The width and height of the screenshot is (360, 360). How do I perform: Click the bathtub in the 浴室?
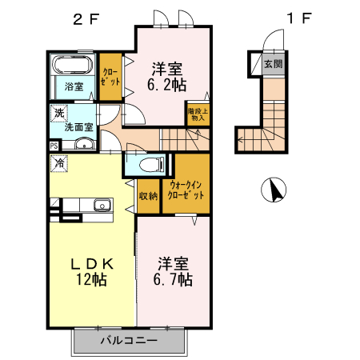point(74,65)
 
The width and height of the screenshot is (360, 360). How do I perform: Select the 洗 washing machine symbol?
point(59,113)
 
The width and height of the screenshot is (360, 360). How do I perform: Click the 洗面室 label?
point(78,126)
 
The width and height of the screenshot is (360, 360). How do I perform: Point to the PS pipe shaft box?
point(54,146)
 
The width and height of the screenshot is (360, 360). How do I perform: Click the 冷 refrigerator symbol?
point(60,163)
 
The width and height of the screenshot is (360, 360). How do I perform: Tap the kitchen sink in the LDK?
point(101,207)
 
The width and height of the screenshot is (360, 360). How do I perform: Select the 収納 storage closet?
point(148,194)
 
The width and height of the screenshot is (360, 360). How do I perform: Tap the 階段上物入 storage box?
point(198,113)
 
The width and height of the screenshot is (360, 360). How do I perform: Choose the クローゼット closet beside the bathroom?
point(110,76)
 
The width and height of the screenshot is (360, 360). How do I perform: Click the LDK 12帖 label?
point(93,272)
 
